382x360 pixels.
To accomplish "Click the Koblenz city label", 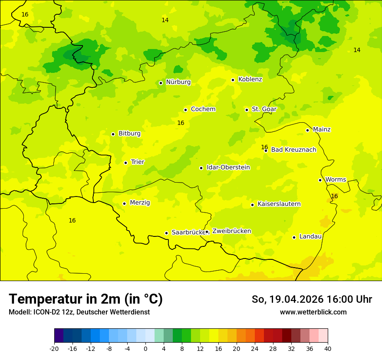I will tap(250, 79).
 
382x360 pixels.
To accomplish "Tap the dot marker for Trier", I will tap(125, 163).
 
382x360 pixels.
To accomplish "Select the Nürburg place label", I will tap(178, 82).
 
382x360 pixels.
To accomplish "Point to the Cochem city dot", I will tap(185, 110).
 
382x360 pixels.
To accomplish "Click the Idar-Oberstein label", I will tap(228, 167).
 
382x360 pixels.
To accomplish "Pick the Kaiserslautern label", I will tap(279, 204).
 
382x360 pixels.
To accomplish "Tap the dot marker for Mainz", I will tap(307, 130).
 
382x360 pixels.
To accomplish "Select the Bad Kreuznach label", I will tap(293, 150).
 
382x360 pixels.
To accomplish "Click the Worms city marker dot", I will tap(320, 180).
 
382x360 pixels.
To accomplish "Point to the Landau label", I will tap(310, 237).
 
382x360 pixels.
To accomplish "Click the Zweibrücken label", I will tap(231, 231).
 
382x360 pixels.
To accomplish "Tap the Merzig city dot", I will tap(124, 203).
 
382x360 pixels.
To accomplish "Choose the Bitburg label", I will tap(129, 134).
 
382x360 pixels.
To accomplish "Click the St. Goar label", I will tap(264, 109).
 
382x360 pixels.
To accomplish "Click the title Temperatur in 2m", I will tap(86, 299).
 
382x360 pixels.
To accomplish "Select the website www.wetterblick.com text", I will tap(313, 312).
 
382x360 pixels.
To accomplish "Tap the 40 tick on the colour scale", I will tap(328, 348).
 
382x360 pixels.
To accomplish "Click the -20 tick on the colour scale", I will tap(54, 348).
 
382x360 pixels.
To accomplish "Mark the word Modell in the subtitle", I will tap(19, 312).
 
